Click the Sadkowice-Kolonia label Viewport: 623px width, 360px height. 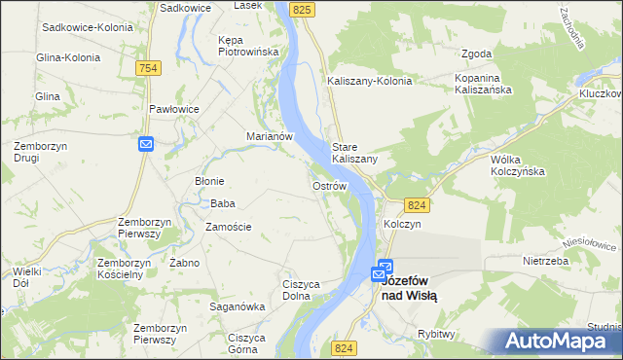87,27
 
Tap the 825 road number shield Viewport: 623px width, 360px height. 304,9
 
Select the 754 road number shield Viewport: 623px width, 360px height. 148,67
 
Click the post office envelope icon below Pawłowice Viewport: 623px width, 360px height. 146,144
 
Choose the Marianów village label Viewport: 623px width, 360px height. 270,137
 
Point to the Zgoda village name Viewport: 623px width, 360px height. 477,54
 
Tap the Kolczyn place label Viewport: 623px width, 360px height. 401,224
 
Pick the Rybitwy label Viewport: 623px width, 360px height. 436,334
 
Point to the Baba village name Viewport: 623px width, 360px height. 223,203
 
